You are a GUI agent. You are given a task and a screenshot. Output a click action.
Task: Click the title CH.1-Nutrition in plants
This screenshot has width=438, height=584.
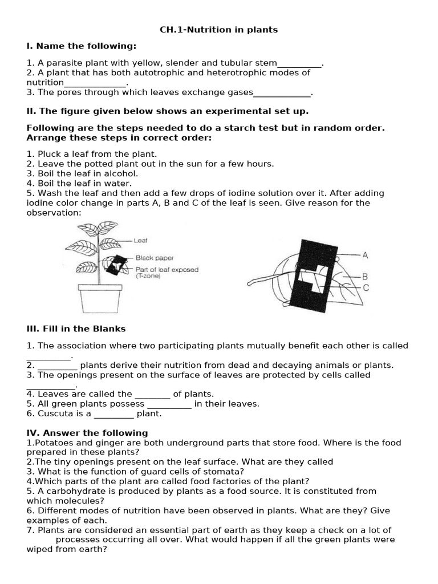(x=219, y=30)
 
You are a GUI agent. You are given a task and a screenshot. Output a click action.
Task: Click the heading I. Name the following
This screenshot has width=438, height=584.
(x=82, y=46)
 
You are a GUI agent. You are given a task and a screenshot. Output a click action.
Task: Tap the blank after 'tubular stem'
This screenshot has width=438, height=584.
(x=299, y=63)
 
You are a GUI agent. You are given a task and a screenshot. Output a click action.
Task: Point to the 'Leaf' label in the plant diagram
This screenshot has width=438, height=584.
(x=140, y=241)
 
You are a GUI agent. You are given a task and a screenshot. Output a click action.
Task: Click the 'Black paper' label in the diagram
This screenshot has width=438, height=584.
(x=155, y=258)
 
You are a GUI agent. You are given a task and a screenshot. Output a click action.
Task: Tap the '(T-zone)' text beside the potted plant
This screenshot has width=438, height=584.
(x=149, y=276)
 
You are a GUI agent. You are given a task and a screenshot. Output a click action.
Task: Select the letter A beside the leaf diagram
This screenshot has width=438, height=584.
(x=365, y=255)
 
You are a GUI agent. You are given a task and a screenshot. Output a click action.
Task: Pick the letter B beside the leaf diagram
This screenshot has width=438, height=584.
(x=365, y=277)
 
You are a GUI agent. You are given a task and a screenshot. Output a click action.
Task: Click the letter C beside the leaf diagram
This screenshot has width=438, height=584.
(x=366, y=288)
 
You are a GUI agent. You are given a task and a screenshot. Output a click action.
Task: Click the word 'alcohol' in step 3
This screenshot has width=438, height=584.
(x=121, y=173)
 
